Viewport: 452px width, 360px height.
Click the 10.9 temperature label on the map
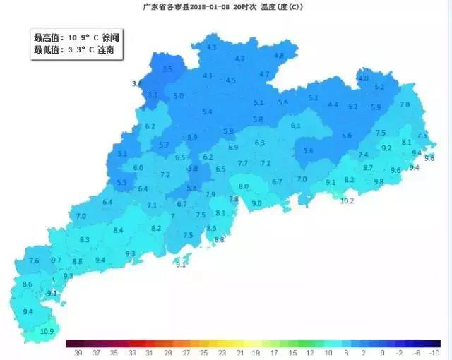[x=47, y=331]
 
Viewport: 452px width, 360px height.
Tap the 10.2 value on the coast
[x=347, y=200]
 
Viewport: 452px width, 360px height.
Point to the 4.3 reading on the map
[x=211, y=47]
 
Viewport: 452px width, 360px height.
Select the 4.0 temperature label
[x=363, y=78]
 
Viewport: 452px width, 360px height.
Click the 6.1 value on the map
[x=295, y=126]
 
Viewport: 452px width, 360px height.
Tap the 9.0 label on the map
[x=256, y=203]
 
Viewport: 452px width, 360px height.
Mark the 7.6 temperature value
[x=33, y=260]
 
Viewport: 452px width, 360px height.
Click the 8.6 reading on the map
[x=28, y=284]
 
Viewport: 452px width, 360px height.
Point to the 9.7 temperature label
[x=56, y=260]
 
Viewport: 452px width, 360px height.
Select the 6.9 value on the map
[x=233, y=148]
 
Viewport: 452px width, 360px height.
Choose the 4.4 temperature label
[x=333, y=104]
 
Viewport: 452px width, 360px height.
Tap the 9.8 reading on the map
[x=379, y=181]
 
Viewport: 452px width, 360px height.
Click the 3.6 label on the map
[x=136, y=83]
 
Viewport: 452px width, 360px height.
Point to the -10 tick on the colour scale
[x=434, y=352]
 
